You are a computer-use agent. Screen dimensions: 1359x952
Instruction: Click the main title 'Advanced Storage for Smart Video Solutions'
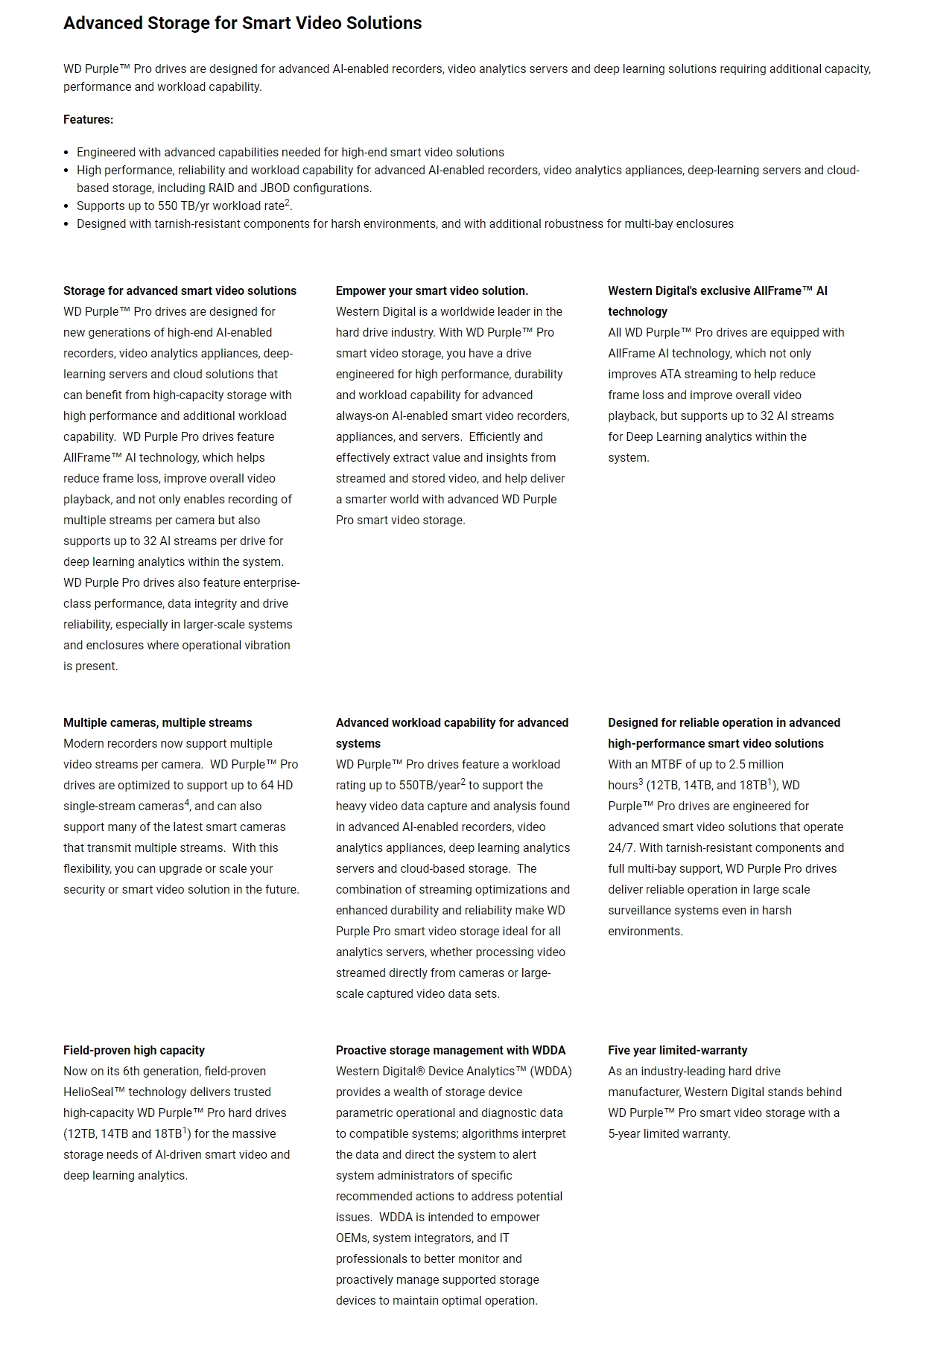242,23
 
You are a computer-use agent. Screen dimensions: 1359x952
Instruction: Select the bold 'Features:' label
88,119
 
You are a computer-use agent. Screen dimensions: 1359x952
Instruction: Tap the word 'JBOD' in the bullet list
275,188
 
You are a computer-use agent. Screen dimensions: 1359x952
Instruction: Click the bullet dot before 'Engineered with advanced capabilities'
67,153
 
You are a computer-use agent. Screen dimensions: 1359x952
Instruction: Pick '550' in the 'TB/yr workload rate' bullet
168,206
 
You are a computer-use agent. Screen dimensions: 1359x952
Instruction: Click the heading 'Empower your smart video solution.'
431,290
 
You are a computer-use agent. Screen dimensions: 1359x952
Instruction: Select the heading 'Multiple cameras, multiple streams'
157,722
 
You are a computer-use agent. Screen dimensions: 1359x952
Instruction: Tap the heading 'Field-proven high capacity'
133,1050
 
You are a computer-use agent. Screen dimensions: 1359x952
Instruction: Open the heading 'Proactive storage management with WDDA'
450,1050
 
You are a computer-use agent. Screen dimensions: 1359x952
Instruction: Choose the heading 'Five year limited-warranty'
677,1050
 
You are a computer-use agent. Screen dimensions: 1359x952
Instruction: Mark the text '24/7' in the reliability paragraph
621,847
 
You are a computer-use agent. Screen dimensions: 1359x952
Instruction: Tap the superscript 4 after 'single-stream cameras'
187,803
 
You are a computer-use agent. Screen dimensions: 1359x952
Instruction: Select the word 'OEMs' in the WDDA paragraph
352,1238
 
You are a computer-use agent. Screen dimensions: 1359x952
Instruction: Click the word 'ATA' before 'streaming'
670,374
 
